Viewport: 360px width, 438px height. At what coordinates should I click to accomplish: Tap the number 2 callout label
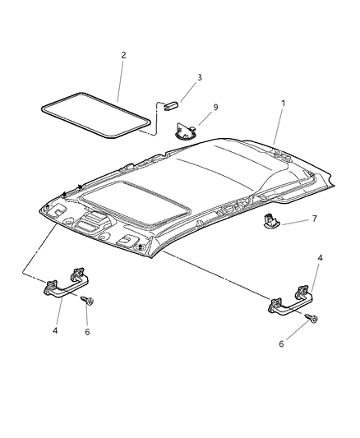tap(123, 56)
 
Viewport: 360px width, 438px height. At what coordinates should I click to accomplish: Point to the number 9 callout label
tap(215, 108)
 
